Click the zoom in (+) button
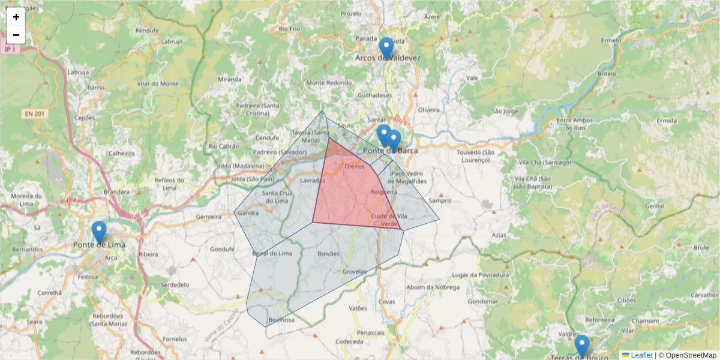click(16, 17)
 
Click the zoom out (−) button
click(16, 35)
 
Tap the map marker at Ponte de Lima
click(99, 232)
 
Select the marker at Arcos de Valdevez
click(387, 48)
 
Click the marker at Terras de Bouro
click(581, 346)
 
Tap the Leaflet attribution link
click(641, 355)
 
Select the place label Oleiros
click(354, 166)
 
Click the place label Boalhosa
click(281, 320)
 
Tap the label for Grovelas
click(354, 271)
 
